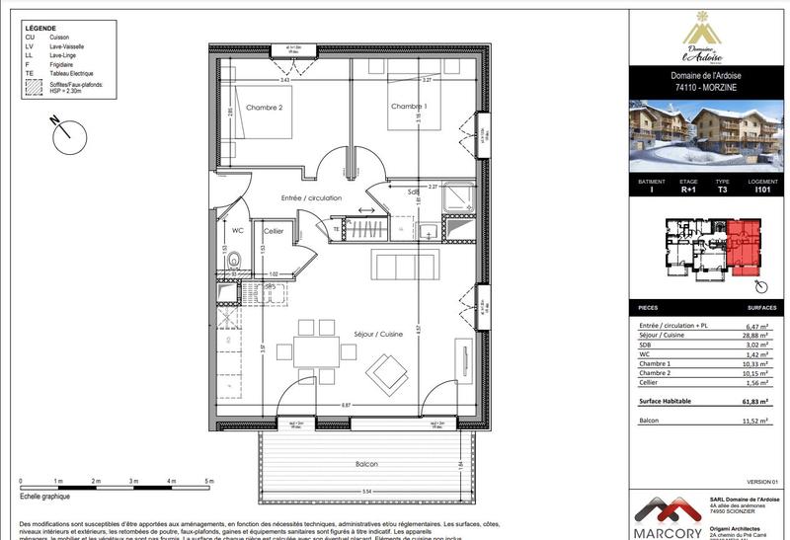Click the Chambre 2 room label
[265, 107]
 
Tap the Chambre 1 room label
[409, 107]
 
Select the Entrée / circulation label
[311, 198]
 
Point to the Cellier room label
[274, 231]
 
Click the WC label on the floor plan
[237, 231]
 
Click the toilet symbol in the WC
[234, 262]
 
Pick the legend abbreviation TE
[31, 73]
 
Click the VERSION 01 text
[761, 481]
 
